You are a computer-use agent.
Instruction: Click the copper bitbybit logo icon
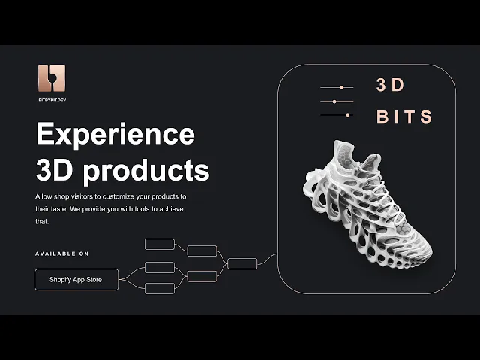[52, 78]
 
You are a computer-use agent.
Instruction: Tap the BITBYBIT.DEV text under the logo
[52, 100]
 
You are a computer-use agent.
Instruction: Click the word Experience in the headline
[115, 135]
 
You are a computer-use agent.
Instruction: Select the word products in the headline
[146, 171]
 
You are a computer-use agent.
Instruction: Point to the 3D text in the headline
[55, 169]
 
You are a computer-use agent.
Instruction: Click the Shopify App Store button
[76, 279]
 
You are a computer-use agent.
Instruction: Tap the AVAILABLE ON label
[61, 253]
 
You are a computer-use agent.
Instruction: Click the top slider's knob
[342, 88]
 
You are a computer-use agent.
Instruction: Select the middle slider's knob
[334, 101]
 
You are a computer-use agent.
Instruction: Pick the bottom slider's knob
[347, 115]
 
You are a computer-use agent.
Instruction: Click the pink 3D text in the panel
[390, 85]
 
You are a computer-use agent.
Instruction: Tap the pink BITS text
[404, 117]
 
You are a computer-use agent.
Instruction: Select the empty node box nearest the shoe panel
[242, 263]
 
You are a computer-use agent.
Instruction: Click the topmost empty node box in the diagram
[160, 244]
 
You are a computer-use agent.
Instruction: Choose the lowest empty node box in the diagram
[160, 288]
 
